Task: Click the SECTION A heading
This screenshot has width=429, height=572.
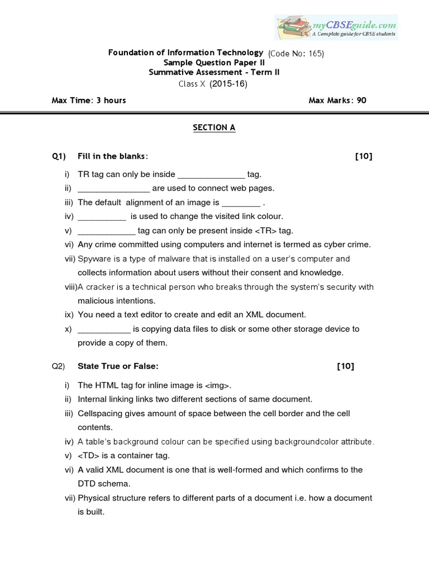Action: tap(214, 127)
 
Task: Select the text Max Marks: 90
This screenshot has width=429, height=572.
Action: tap(337, 101)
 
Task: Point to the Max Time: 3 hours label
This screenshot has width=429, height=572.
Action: tap(89, 101)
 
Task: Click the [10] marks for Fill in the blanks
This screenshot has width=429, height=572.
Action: tap(364, 156)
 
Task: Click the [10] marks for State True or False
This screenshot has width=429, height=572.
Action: tap(346, 366)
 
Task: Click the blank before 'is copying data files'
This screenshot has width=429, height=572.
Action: tap(104, 330)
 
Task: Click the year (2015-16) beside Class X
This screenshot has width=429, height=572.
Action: tap(228, 84)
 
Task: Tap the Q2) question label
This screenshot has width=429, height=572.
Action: tap(59, 366)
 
